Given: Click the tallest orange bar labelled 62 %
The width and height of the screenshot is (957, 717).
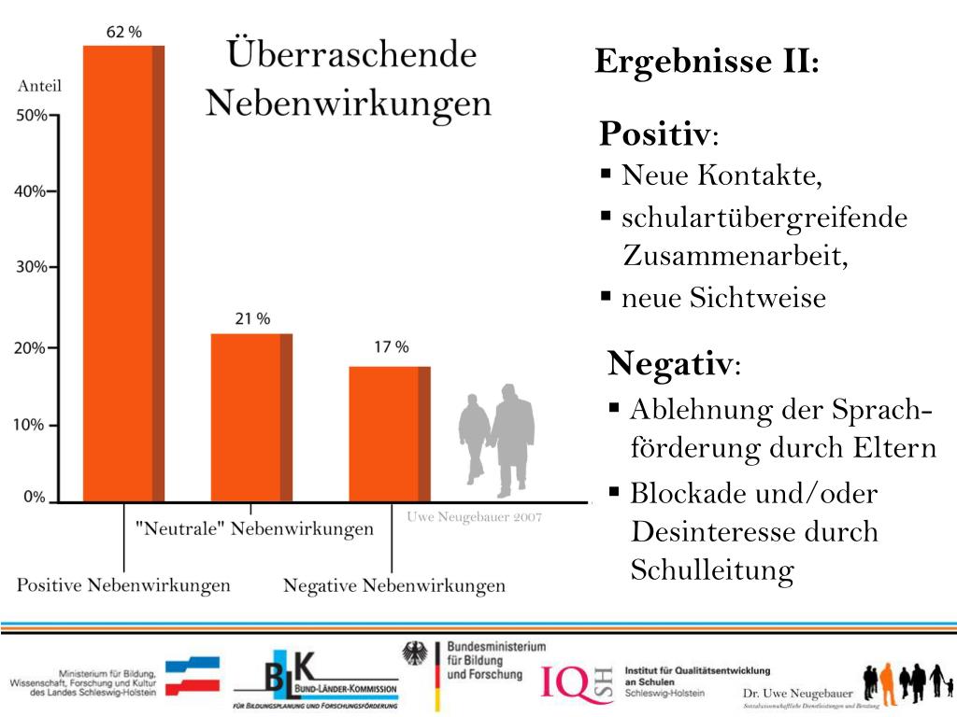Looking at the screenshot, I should [x=123, y=271].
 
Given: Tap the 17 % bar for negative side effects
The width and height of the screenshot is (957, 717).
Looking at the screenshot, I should [x=390, y=433].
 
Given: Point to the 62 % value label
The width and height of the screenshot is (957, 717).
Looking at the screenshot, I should [x=124, y=32].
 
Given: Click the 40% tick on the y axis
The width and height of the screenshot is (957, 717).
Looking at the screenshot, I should [x=32, y=191].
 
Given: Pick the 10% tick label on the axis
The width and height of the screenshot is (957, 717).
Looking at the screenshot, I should [x=32, y=425].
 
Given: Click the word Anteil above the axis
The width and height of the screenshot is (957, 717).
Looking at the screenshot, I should [x=39, y=87].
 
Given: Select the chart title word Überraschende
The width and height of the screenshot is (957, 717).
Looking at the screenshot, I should [x=350, y=54].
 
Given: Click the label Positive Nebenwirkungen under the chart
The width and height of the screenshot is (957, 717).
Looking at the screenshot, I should [x=123, y=586].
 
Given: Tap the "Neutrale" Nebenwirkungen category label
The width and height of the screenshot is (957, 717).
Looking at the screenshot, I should [x=254, y=529].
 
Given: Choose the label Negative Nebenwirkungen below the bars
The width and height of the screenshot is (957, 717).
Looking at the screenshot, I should [x=393, y=586].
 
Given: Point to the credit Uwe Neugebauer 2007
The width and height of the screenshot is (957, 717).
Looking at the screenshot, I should [x=474, y=516].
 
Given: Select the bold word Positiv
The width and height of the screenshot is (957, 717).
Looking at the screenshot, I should [x=654, y=134].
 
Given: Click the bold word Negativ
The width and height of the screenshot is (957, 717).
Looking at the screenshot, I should [x=669, y=362].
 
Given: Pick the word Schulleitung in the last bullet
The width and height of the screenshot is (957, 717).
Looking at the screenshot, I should [x=712, y=569].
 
